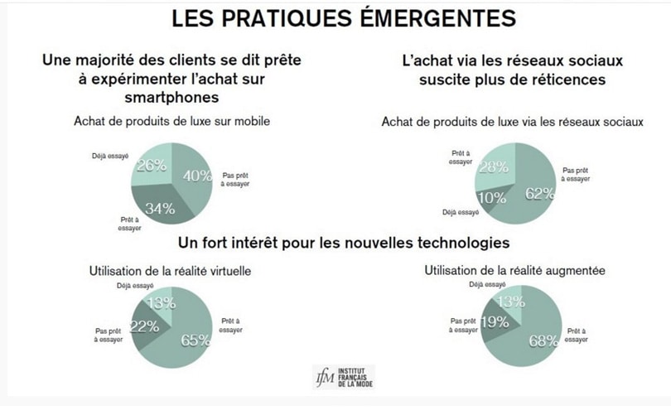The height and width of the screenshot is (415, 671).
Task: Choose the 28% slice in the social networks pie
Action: pos(494,166)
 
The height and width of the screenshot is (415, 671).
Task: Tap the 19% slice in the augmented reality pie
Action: pos(495,322)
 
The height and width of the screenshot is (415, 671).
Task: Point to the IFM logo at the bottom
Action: pos(343,378)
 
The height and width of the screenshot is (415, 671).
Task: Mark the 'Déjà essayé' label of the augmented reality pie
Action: pos(487,285)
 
